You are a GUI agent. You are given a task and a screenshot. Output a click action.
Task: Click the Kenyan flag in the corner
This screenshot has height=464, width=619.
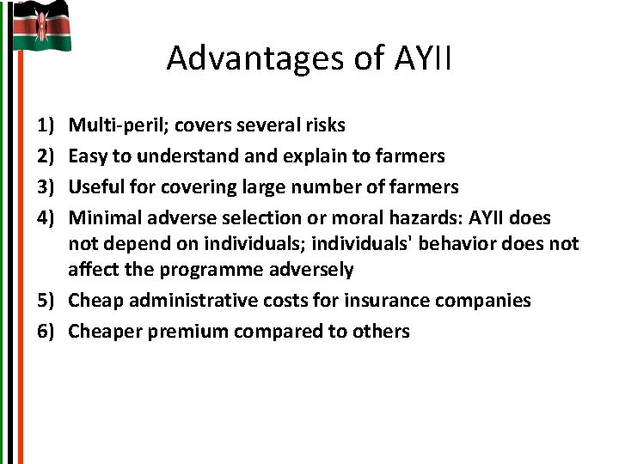pyautogui.click(x=41, y=26)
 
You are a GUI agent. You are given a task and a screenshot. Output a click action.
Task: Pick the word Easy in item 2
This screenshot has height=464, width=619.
pyautogui.click(x=86, y=156)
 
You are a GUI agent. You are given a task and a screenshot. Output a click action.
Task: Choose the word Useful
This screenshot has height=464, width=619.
pyautogui.click(x=95, y=187)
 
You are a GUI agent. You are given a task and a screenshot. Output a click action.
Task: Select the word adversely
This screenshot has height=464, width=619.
pyautogui.click(x=315, y=270)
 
